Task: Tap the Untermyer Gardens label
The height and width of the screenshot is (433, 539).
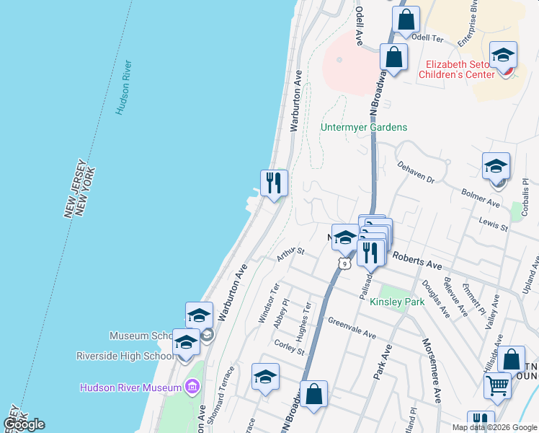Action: tap(364, 128)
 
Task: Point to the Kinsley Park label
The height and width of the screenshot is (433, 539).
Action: tap(397, 302)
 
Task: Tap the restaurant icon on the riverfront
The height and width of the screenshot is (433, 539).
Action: tap(274, 183)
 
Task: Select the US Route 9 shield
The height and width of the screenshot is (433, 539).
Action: tap(347, 265)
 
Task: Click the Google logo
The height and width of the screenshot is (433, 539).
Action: tap(24, 424)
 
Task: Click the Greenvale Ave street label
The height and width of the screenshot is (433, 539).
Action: tap(352, 328)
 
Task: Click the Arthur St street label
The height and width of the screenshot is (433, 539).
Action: tap(291, 254)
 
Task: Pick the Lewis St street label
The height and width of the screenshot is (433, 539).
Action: tap(494, 226)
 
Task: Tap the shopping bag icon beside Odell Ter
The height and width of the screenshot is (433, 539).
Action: tap(406, 20)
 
